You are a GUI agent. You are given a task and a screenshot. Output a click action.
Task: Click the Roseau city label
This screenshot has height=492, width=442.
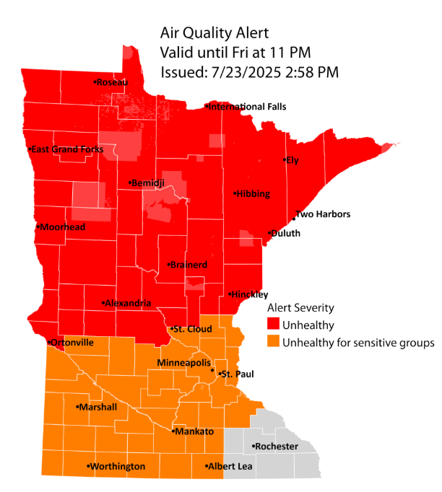[112, 82]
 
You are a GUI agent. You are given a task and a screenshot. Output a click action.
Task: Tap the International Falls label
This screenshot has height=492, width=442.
[247, 107]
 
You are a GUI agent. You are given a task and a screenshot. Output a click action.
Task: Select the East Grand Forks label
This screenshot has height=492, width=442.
[67, 149]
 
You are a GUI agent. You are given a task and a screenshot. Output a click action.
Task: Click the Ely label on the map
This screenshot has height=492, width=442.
[292, 160]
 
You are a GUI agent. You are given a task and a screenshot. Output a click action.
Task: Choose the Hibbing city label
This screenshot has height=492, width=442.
[252, 193]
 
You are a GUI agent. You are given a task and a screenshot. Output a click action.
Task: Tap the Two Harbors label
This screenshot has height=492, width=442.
[323, 214]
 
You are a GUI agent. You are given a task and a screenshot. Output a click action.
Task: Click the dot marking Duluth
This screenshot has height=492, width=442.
[269, 233]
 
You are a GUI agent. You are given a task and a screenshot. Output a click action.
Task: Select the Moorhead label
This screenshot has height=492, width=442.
[63, 227]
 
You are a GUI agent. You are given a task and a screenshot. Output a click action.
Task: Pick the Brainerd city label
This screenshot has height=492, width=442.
[188, 265]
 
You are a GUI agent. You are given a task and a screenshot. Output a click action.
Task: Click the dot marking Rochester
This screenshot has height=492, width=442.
[253, 447]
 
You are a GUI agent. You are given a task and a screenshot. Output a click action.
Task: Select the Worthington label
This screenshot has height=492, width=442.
[118, 467]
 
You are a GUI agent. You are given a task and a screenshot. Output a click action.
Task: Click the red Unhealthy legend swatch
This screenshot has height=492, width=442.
[273, 324]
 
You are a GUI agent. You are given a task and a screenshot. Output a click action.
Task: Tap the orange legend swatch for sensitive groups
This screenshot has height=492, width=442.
[273, 341]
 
